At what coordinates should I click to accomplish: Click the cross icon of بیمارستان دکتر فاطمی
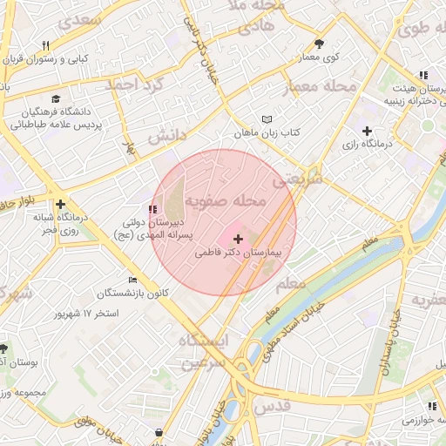239,238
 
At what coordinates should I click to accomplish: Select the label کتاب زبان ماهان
267,133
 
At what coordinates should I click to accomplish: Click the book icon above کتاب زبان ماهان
267,119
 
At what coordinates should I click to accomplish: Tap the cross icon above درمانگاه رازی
367,130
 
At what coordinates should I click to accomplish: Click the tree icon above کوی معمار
320,44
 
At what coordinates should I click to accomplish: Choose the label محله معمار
321,87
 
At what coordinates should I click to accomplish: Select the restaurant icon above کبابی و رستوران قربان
45,46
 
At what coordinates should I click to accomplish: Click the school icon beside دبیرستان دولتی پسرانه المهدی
153,209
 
